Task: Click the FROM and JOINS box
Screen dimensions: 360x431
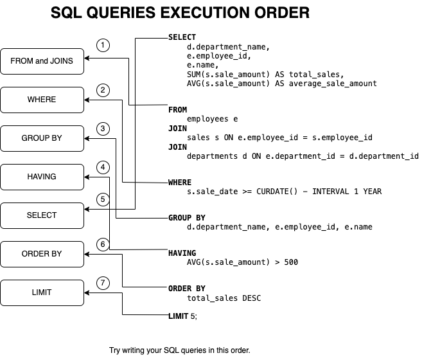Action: pos(42,61)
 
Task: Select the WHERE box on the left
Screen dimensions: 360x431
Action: pos(42,100)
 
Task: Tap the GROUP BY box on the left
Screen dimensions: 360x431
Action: pos(42,138)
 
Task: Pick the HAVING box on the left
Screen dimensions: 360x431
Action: pos(42,177)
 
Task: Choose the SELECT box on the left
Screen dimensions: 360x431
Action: pos(42,215)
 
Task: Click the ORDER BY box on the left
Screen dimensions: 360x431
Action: pos(42,254)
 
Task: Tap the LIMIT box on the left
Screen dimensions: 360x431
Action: pos(42,292)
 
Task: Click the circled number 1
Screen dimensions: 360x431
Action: pos(103,45)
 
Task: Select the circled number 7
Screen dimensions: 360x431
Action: pos(103,283)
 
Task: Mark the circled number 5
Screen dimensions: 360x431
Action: pos(103,200)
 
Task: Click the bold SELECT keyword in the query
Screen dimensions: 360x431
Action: pos(182,37)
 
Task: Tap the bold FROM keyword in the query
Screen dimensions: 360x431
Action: pos(177,110)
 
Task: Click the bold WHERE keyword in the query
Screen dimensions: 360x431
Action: pos(180,183)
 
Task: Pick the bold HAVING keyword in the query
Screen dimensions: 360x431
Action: pos(182,253)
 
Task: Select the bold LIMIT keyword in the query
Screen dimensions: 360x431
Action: pos(179,316)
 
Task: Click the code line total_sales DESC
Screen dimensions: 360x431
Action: pos(224,298)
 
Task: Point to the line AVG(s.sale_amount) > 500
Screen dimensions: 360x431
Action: pos(242,262)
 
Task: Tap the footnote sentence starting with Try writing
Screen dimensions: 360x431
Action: pos(179,350)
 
